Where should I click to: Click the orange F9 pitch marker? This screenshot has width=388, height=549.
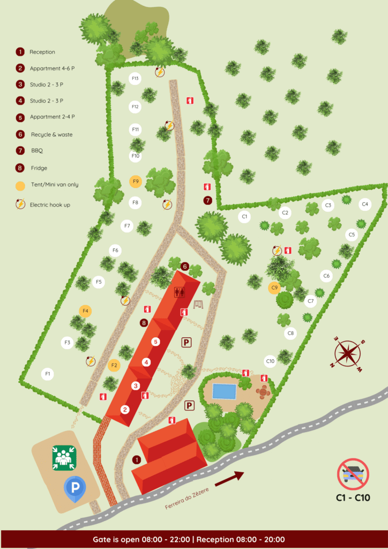136,181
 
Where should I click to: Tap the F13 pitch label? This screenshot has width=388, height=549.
135,79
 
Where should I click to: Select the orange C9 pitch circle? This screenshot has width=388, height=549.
274,288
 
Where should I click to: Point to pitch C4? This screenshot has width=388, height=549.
365,204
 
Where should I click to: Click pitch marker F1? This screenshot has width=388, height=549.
48,373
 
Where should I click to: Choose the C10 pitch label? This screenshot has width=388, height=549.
270,361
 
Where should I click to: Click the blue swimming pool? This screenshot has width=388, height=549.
224,391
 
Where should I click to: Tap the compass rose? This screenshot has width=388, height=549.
348,354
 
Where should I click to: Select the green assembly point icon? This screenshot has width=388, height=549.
64,458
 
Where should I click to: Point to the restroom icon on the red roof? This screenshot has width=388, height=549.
180,292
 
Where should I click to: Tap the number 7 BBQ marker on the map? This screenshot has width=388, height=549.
207,201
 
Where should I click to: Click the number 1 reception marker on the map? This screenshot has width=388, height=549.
136,459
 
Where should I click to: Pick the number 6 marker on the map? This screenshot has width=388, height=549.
185,266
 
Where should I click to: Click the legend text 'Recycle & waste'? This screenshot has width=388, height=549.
51,135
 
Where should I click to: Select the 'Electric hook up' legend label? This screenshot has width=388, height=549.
50,204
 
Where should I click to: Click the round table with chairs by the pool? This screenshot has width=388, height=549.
263,392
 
